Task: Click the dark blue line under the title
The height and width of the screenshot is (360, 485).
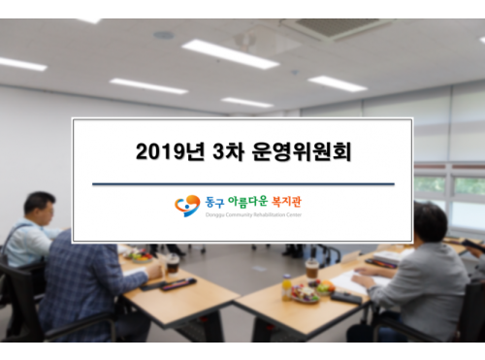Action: click(242, 183)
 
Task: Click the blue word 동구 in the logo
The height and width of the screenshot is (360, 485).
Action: click(213, 202)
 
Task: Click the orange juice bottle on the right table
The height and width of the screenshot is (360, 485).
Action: click(287, 287)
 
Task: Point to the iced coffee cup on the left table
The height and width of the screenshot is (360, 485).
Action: click(173, 263)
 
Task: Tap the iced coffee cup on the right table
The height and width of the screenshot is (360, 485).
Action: click(311, 269)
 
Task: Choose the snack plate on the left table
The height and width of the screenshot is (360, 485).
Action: click(138, 257)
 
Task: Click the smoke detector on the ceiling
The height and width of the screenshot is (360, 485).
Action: click(164, 35)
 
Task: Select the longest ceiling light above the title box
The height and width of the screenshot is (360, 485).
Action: click(230, 53)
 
